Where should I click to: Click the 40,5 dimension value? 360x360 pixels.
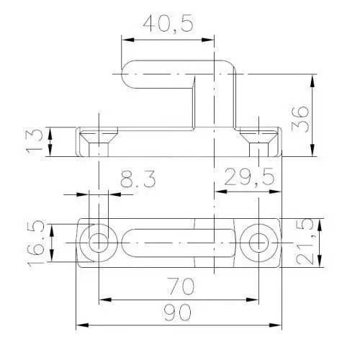point(168,24)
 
